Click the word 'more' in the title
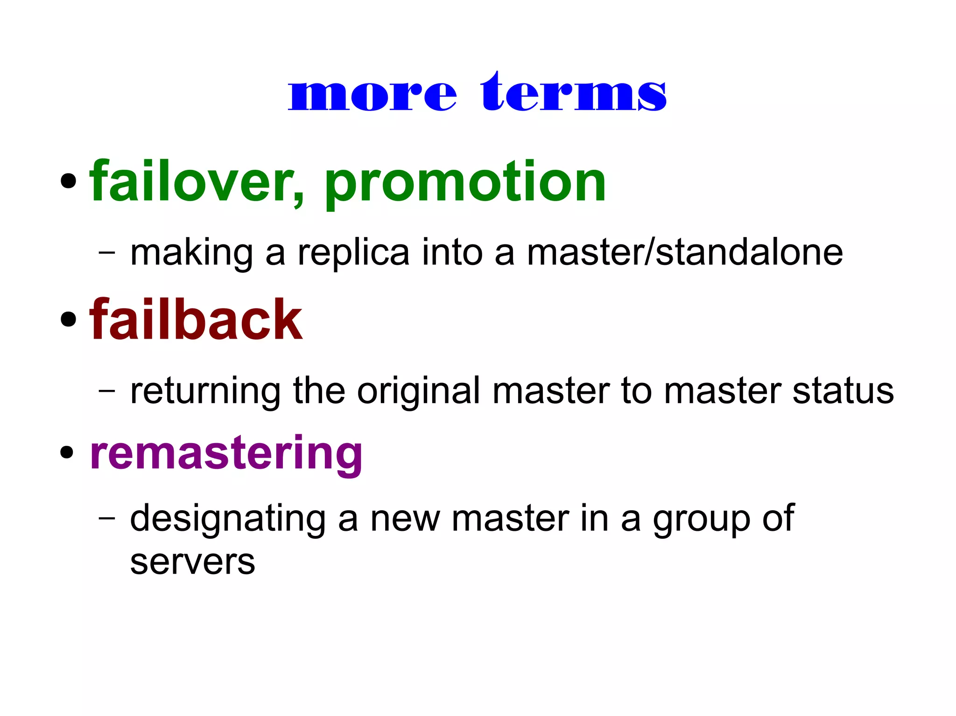tap(372, 95)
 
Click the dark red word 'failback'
tap(196, 320)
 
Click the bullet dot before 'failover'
tap(68, 181)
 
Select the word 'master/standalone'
tap(685, 253)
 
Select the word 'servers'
tap(192, 563)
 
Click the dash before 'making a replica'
tap(107, 253)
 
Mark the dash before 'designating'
tap(107, 518)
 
